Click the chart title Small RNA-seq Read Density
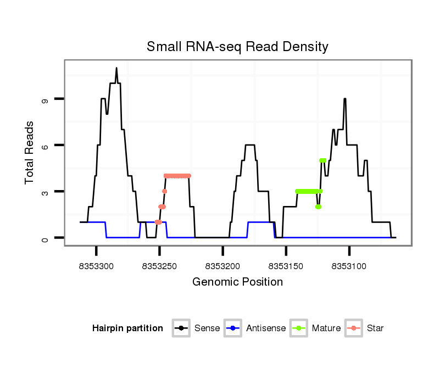click(x=237, y=47)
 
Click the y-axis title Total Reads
click(x=30, y=153)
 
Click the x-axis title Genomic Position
click(x=237, y=282)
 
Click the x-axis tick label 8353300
click(x=96, y=266)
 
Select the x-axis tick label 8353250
click(x=159, y=266)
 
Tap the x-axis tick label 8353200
click(x=222, y=266)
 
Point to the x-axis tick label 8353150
click(x=286, y=266)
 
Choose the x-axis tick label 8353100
click(x=349, y=266)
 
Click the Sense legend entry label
click(x=207, y=328)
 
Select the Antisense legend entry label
click(x=266, y=328)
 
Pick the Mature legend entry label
click(x=326, y=328)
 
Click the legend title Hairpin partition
click(x=127, y=328)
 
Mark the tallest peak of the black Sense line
click(x=116, y=68)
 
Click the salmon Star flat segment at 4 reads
click(x=177, y=176)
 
